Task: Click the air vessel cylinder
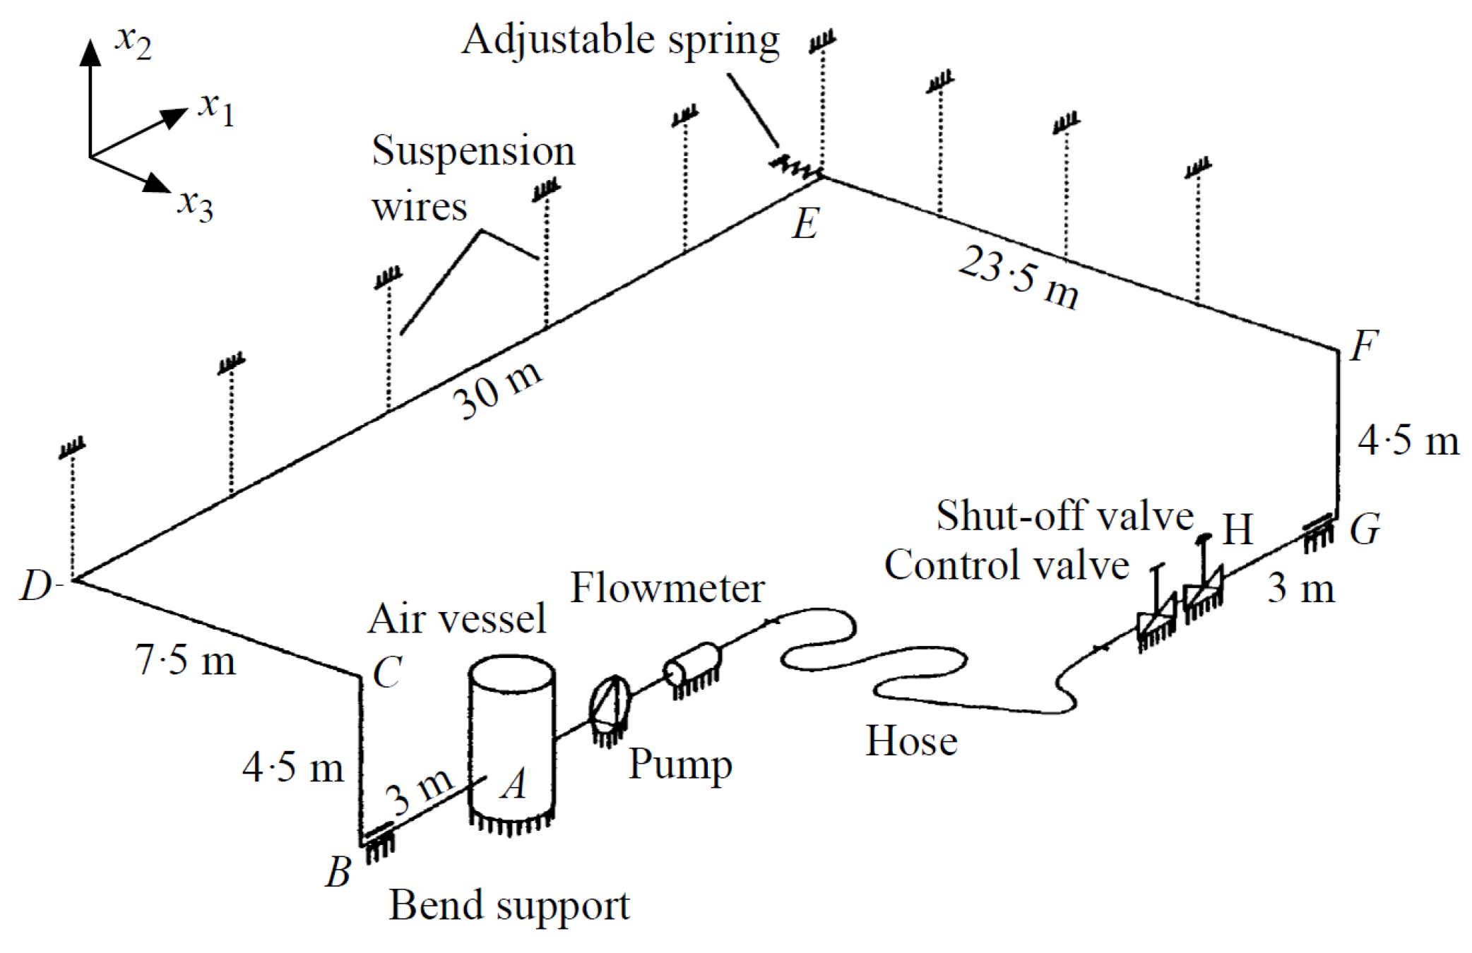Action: (512, 741)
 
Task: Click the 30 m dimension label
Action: (497, 390)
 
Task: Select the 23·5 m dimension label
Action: (1019, 277)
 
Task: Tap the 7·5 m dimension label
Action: (185, 661)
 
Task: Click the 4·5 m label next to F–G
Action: (1408, 441)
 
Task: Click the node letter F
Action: (1363, 346)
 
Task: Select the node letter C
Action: (387, 672)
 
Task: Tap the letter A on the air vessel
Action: (514, 784)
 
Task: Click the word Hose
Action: (911, 741)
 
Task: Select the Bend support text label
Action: (509, 905)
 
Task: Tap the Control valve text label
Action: (1007, 565)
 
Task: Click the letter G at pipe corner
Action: (1365, 529)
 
